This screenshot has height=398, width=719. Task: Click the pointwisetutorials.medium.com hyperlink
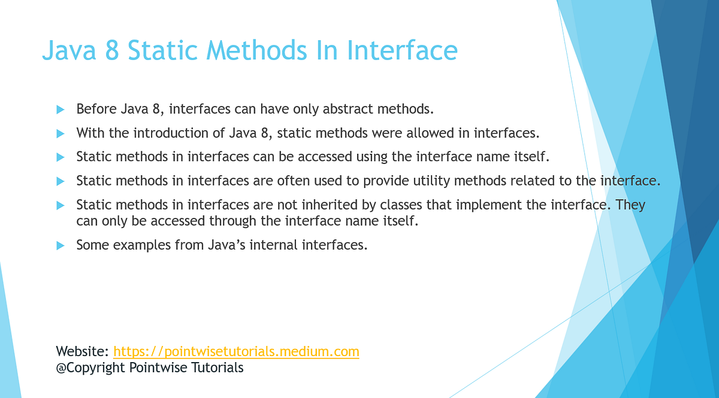(x=236, y=351)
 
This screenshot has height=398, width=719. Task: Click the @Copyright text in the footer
(x=90, y=367)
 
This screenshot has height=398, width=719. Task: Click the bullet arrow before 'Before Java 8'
(x=60, y=110)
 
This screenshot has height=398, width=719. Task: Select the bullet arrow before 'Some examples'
(x=60, y=245)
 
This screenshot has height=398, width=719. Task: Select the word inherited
(x=331, y=205)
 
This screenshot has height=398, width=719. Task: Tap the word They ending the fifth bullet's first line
(x=630, y=205)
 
